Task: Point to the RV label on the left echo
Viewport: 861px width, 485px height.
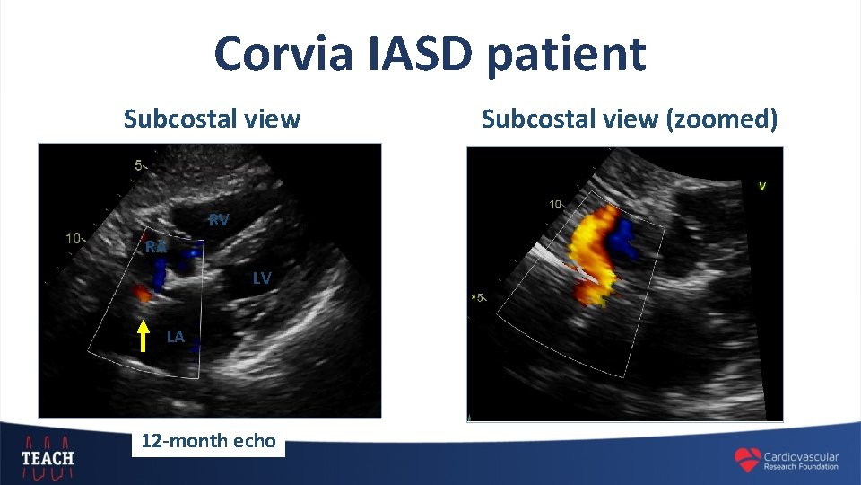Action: [219, 220]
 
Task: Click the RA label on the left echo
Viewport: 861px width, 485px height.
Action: [156, 246]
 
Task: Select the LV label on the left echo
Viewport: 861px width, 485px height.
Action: [261, 278]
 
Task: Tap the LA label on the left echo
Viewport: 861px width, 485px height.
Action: [176, 337]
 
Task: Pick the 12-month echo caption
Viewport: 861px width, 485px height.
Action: [208, 441]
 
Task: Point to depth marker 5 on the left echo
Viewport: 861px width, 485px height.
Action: [138, 165]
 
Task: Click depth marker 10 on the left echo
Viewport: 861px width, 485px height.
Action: [75, 239]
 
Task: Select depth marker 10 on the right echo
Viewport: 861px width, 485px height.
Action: [555, 206]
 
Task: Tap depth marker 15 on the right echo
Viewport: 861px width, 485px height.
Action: [479, 297]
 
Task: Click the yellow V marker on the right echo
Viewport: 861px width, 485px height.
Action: [761, 187]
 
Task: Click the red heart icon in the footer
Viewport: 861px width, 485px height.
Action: [747, 460]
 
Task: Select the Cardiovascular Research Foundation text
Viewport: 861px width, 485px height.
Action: [801, 461]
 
